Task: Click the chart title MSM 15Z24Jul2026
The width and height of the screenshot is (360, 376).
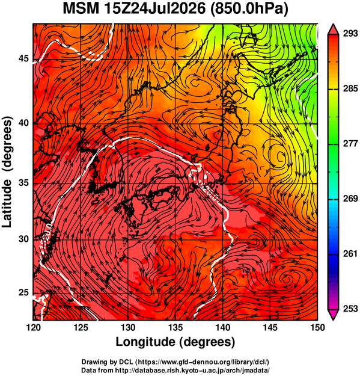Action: coord(135,8)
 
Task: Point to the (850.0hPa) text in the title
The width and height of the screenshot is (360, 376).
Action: coord(249,9)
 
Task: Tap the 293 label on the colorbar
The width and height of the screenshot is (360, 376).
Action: coord(350,34)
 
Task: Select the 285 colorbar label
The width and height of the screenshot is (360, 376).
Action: coord(350,88)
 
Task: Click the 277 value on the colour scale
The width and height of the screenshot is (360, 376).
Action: coord(350,144)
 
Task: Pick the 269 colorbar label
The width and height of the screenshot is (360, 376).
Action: coord(350,199)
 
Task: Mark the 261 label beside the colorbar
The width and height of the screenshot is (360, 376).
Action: coord(350,253)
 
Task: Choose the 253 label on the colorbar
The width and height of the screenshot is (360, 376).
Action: coord(350,309)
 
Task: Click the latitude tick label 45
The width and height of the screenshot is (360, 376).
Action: coord(23,58)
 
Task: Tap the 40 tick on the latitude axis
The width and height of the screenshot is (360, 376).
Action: coord(23,123)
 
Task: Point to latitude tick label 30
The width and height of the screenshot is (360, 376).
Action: coord(23,239)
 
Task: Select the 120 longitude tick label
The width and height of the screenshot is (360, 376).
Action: coord(33,327)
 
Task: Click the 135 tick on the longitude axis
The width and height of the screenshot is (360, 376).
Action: coord(176,327)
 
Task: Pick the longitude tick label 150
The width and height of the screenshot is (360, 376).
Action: coord(317,327)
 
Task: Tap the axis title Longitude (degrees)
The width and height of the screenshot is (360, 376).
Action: coord(175,342)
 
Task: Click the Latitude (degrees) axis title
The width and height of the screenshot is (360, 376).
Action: coord(7,172)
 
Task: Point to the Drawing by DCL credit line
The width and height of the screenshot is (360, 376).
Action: coord(175,362)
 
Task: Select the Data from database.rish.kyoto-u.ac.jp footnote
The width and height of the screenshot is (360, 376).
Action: coord(175,370)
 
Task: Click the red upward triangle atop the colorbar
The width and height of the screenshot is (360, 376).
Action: coord(333,29)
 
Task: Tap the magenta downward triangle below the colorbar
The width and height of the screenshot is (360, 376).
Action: coord(333,315)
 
